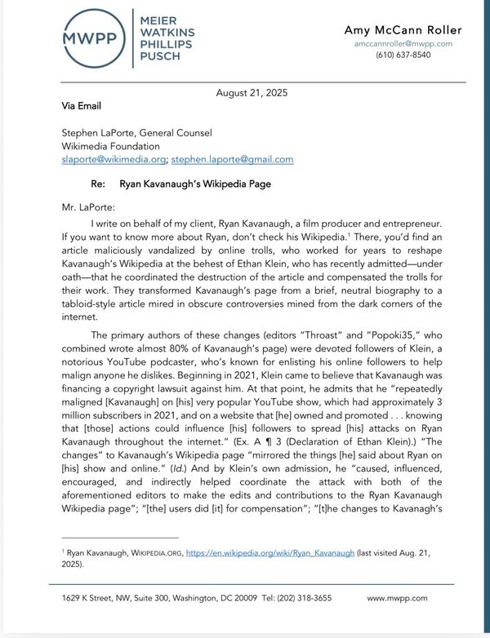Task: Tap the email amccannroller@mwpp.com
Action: (x=403, y=43)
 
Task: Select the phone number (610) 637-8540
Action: (x=403, y=55)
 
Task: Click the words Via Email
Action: (x=82, y=106)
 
